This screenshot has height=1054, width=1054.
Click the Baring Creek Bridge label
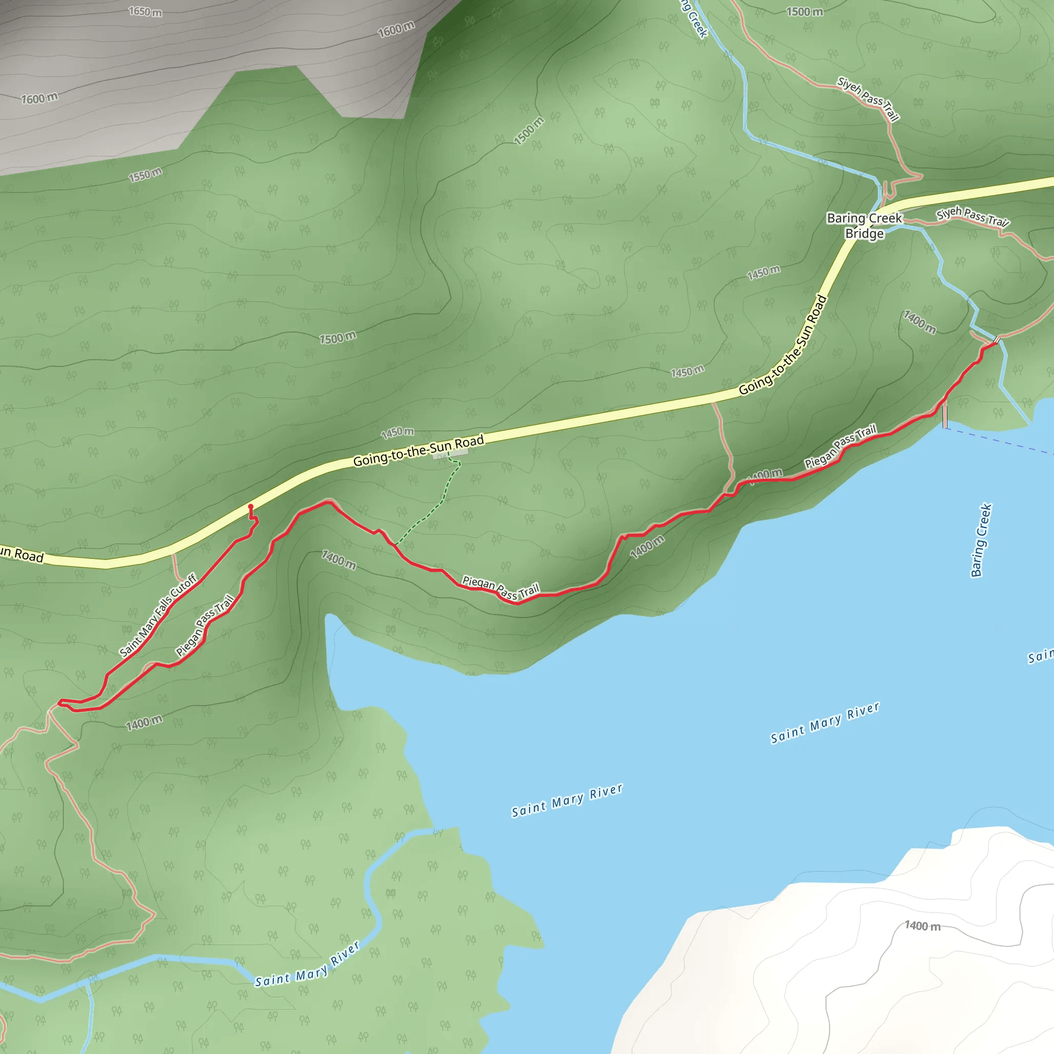(x=864, y=226)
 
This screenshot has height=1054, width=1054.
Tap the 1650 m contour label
(x=145, y=11)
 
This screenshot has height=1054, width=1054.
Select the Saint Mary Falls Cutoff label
(x=157, y=615)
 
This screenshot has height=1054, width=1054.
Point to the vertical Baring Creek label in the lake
(x=980, y=539)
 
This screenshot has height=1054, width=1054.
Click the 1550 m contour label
(x=145, y=175)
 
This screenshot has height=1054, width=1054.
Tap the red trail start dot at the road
(x=251, y=507)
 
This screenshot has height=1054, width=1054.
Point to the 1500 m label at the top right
(x=804, y=11)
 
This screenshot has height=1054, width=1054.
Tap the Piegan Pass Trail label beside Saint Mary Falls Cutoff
(x=205, y=625)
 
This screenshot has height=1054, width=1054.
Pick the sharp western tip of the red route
(x=60, y=702)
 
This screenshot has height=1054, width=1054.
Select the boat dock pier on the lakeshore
(x=945, y=416)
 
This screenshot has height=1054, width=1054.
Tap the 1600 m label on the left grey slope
(x=39, y=99)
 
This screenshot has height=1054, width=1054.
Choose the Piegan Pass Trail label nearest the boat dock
(x=840, y=446)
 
